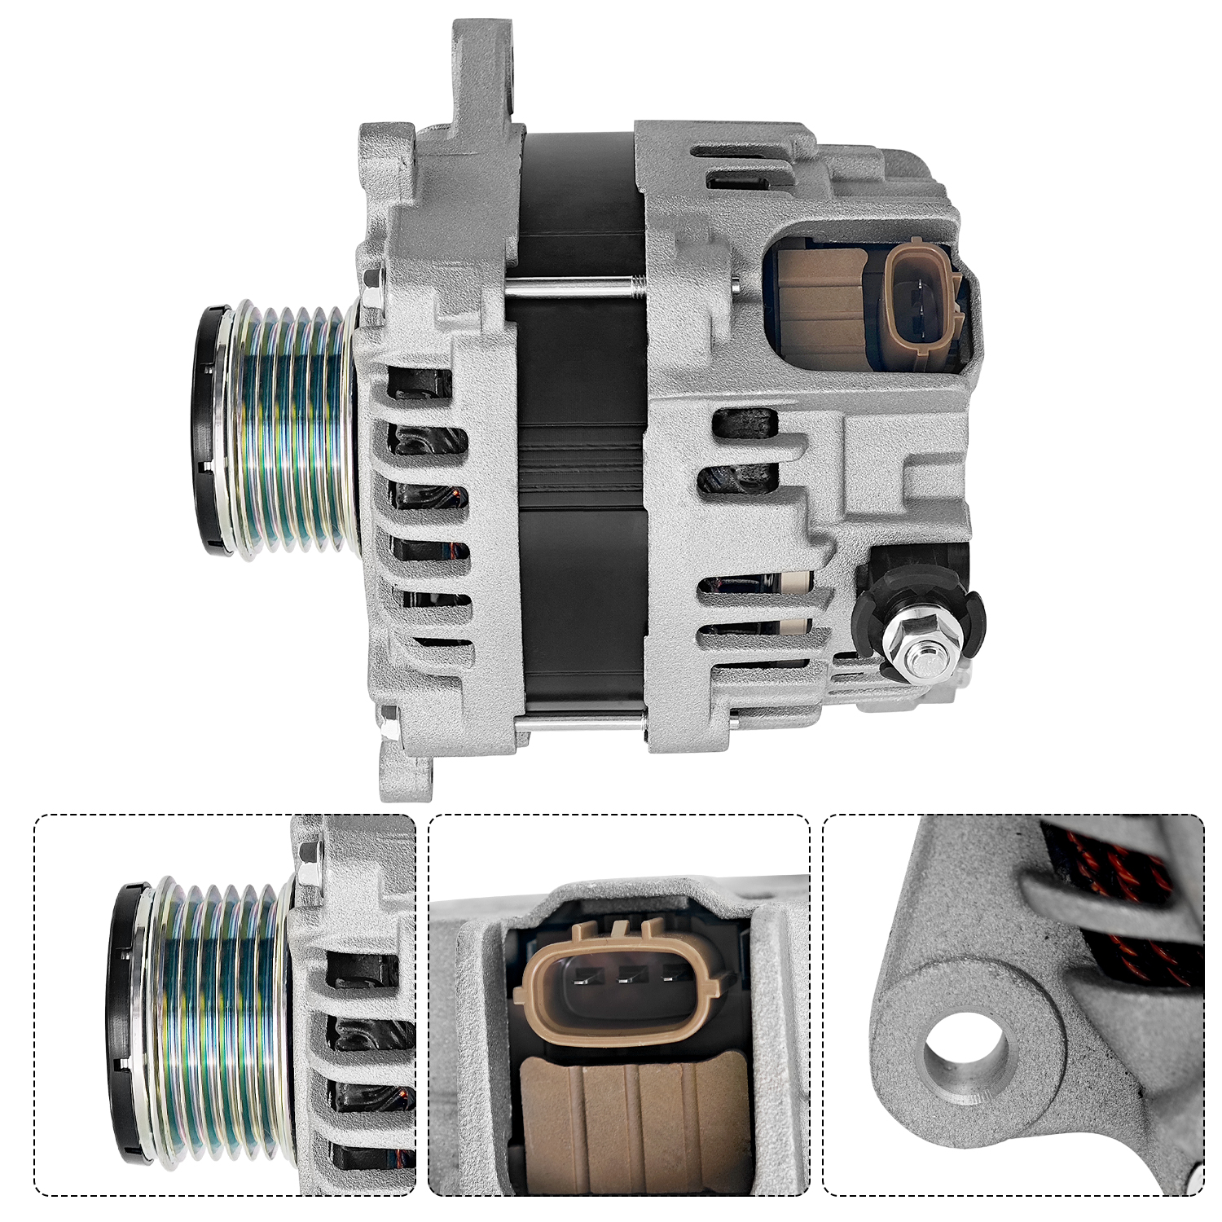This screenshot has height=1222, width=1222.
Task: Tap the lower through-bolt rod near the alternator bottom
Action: [x=578, y=717]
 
